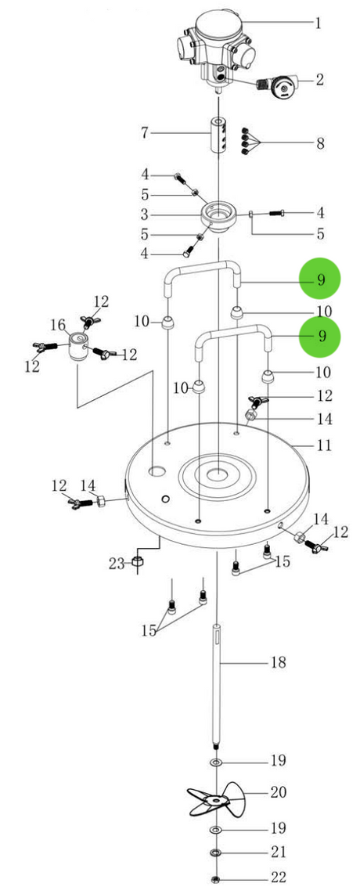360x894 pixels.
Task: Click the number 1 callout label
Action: [x=319, y=23]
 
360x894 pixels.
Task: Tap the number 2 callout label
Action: [x=319, y=79]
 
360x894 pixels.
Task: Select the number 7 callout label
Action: [x=146, y=133]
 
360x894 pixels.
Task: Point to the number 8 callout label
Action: [x=320, y=143]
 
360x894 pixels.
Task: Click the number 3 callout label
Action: [x=146, y=214]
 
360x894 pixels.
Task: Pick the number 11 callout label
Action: [x=323, y=445]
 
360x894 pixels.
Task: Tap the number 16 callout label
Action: [x=59, y=326]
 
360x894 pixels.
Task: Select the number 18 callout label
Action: [x=278, y=662]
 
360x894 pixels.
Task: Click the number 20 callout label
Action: [x=278, y=792]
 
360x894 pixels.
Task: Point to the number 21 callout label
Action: [x=278, y=853]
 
